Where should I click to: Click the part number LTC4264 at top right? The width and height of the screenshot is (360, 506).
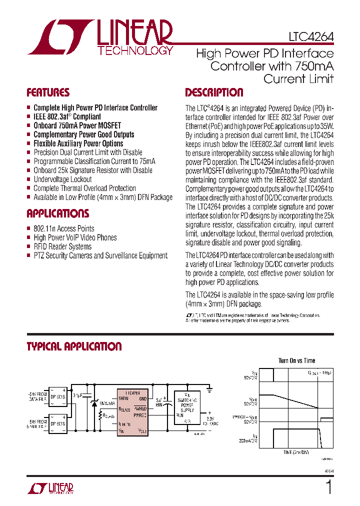[x=311, y=37]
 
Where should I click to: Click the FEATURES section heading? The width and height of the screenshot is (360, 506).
[x=48, y=92]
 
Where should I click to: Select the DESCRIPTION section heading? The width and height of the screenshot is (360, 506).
[x=214, y=92]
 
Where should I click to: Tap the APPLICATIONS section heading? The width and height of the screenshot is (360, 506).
[x=57, y=213]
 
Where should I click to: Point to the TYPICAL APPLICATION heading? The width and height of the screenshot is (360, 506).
[x=74, y=346]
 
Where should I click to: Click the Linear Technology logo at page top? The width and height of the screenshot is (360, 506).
[x=100, y=37]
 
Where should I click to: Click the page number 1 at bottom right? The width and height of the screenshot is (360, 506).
[x=328, y=487]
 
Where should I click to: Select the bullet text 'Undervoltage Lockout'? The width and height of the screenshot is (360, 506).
[x=62, y=179]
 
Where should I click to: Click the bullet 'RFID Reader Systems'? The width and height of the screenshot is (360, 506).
[x=62, y=246]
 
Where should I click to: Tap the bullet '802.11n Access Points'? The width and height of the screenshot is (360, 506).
[x=64, y=228]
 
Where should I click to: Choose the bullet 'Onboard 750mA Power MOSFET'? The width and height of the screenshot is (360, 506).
[x=77, y=125]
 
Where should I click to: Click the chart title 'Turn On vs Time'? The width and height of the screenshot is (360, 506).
[x=296, y=360]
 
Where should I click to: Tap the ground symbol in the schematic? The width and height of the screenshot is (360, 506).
[x=210, y=388]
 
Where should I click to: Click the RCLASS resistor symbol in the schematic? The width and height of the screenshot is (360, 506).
[x=101, y=414]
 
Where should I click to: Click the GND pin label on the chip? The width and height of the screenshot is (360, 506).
[x=142, y=398]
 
